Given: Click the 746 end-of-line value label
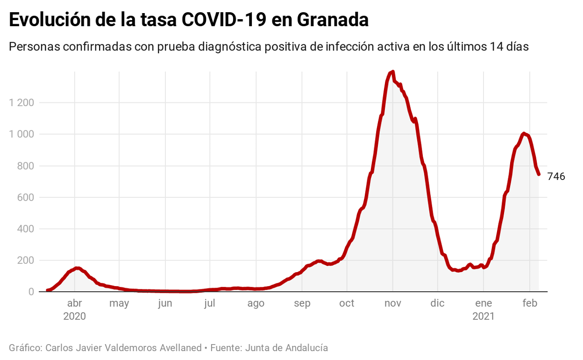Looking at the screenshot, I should coord(556,177).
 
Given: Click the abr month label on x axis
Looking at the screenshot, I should coord(74,303).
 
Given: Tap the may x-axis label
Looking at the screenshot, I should coord(119,303).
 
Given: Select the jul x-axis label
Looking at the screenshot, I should coord(209,303).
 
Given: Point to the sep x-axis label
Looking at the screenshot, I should coord(302,303).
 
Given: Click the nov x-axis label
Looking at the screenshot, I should coord(392,303).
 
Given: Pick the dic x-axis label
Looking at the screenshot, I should coord(437,303).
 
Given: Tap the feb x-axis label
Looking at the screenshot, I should coord(530,303).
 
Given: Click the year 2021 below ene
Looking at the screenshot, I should coord(483,317).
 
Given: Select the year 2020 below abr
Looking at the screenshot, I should coord(74,317).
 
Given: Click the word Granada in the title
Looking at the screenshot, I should coord(333,20).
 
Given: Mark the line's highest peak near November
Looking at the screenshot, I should coord(393,72).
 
